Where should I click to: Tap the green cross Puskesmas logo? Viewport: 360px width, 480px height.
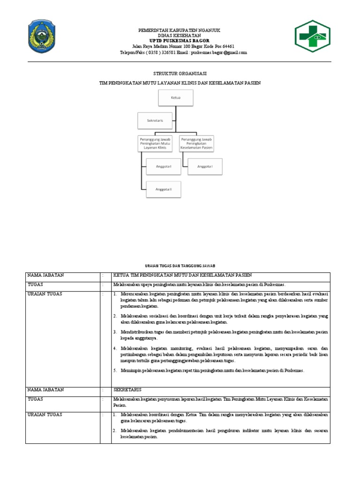coord(312,37)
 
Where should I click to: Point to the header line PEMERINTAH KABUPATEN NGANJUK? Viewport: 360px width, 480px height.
coord(180,30)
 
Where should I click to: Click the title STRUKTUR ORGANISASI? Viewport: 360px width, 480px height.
coord(180,74)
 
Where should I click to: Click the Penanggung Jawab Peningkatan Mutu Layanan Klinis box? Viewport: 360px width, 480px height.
coord(155,143)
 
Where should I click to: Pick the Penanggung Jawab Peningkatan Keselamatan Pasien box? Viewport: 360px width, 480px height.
coord(196,143)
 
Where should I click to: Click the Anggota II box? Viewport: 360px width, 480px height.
coord(164,189)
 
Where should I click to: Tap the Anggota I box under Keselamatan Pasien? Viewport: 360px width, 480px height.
coord(205,166)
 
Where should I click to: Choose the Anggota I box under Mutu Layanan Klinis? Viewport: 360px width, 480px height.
coord(164,166)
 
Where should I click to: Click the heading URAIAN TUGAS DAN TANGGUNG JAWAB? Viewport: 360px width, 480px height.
coord(180,265)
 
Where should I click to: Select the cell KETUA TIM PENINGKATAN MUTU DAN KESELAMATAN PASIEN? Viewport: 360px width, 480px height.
coord(182,275)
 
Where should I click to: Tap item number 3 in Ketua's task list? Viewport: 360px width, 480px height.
coord(220,335)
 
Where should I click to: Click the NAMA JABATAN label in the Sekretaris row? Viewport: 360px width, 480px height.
coord(45,390)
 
